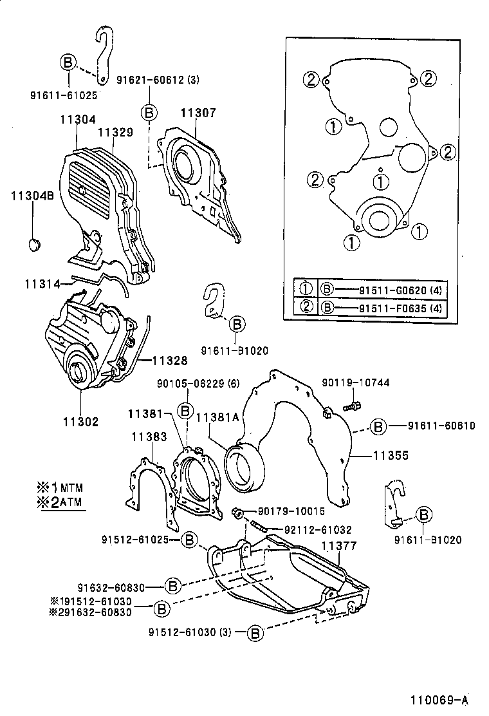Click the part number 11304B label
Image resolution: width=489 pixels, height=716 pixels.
(32, 196)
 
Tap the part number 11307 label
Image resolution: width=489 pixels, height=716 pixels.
(198, 113)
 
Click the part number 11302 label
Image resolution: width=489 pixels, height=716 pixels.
(80, 422)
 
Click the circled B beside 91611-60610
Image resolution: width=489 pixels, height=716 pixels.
(378, 426)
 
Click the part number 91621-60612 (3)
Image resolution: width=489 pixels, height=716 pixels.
(158, 80)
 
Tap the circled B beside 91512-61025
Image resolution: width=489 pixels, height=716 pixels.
(189, 539)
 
